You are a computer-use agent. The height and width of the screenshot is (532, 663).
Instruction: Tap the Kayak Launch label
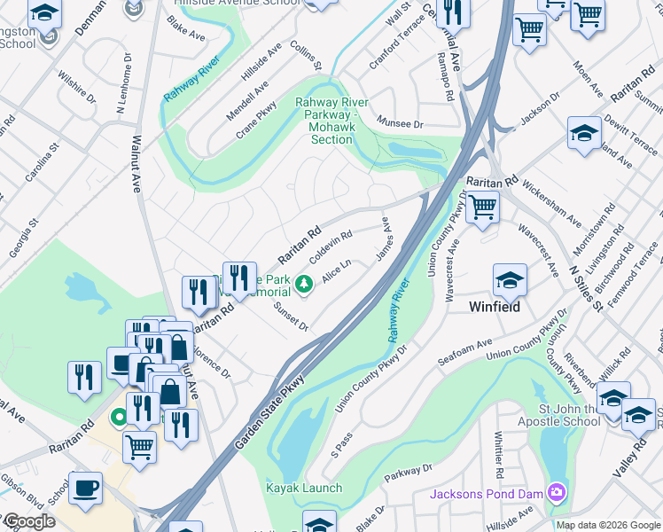tap(304, 488)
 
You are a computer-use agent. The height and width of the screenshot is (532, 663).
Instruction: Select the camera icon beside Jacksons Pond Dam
tap(556, 492)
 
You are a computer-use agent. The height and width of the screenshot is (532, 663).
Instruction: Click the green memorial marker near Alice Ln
tap(304, 284)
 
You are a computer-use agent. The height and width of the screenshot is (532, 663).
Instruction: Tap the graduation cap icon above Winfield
tap(510, 281)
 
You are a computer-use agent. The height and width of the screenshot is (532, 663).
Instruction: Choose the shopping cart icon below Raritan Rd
tap(482, 207)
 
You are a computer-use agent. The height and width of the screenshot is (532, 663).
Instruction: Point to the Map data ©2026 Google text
tap(607, 525)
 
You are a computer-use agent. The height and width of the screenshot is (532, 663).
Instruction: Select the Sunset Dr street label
tap(290, 317)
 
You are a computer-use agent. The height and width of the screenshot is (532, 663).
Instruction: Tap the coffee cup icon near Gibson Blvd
tap(85, 487)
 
